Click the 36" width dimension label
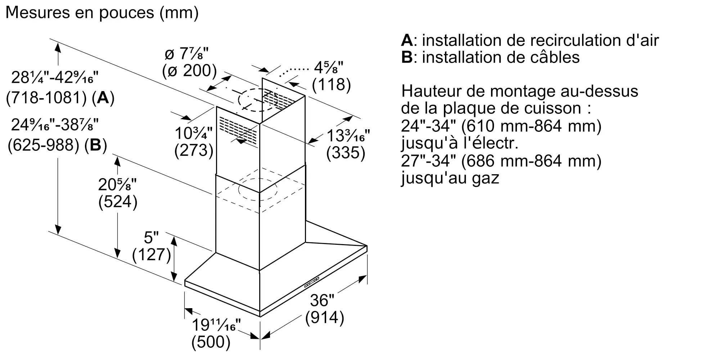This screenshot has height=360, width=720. [x=322, y=300]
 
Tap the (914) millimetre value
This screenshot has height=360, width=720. [x=324, y=318]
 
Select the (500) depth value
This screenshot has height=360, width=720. [x=211, y=342]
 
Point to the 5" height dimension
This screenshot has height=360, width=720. [x=151, y=238]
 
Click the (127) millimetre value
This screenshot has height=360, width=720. [x=151, y=255]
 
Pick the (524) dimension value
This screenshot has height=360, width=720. [x=118, y=202]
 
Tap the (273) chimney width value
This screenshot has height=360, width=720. [x=194, y=150]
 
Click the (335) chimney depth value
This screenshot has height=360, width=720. [x=346, y=153]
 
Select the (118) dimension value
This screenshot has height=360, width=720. [x=331, y=84]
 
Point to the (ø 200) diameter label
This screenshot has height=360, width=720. [x=189, y=71]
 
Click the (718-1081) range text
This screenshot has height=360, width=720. [x=47, y=98]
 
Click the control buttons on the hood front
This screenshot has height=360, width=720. [x=311, y=282]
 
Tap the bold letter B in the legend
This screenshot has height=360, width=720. [x=406, y=57]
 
